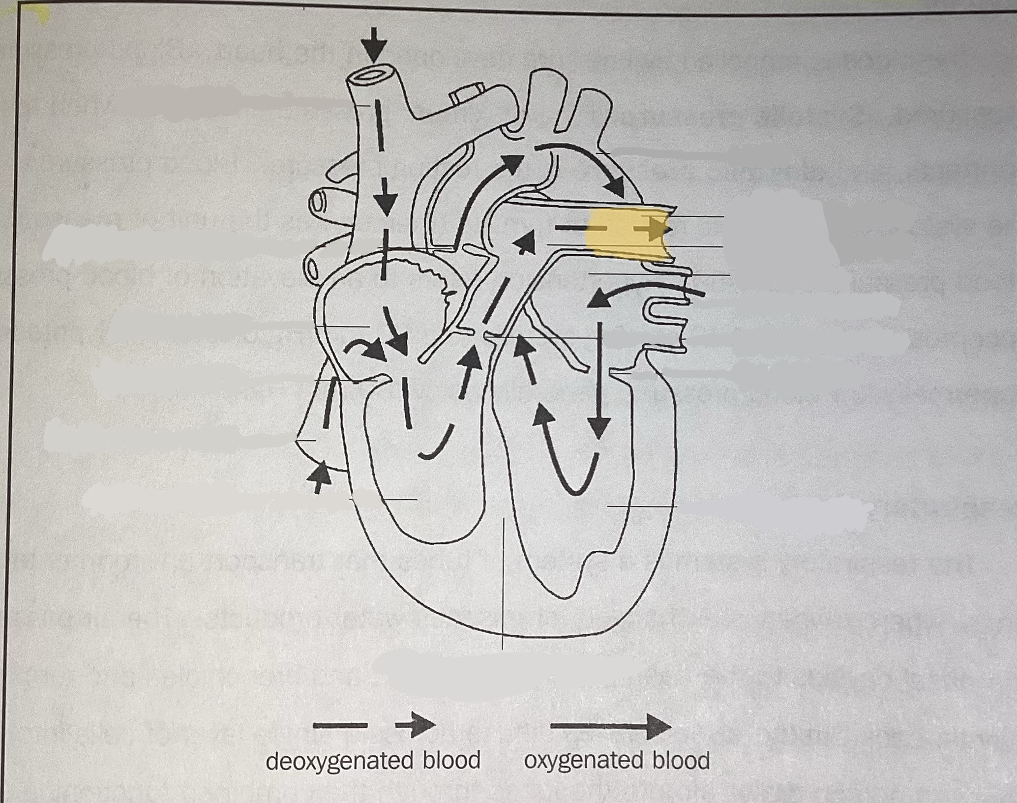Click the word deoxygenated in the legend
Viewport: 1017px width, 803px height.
pos(339,761)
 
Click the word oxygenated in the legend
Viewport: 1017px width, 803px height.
pos(583,760)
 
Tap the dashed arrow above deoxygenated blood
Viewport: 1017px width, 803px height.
pos(374,725)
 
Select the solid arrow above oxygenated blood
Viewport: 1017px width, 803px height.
pos(610,726)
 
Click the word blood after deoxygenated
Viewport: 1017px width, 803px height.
pos(451,761)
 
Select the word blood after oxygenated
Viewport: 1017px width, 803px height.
pos(681,760)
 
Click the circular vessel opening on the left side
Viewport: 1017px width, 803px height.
pos(319,202)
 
